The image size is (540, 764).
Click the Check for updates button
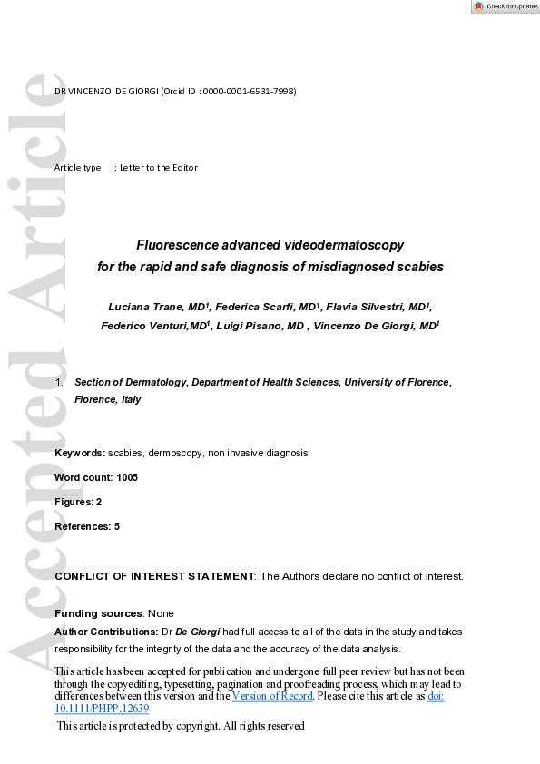[x=505, y=6]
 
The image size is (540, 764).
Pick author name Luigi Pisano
[x=251, y=325]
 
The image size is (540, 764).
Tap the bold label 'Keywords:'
[x=80, y=452]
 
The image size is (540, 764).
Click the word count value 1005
[x=128, y=476]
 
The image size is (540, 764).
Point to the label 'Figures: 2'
[x=78, y=502]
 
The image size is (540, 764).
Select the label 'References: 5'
[x=87, y=526]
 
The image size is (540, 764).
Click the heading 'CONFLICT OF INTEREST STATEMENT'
[x=155, y=576]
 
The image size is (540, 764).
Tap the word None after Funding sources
[x=161, y=613]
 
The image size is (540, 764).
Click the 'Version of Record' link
[x=272, y=696]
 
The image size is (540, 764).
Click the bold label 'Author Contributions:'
[x=106, y=632]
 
